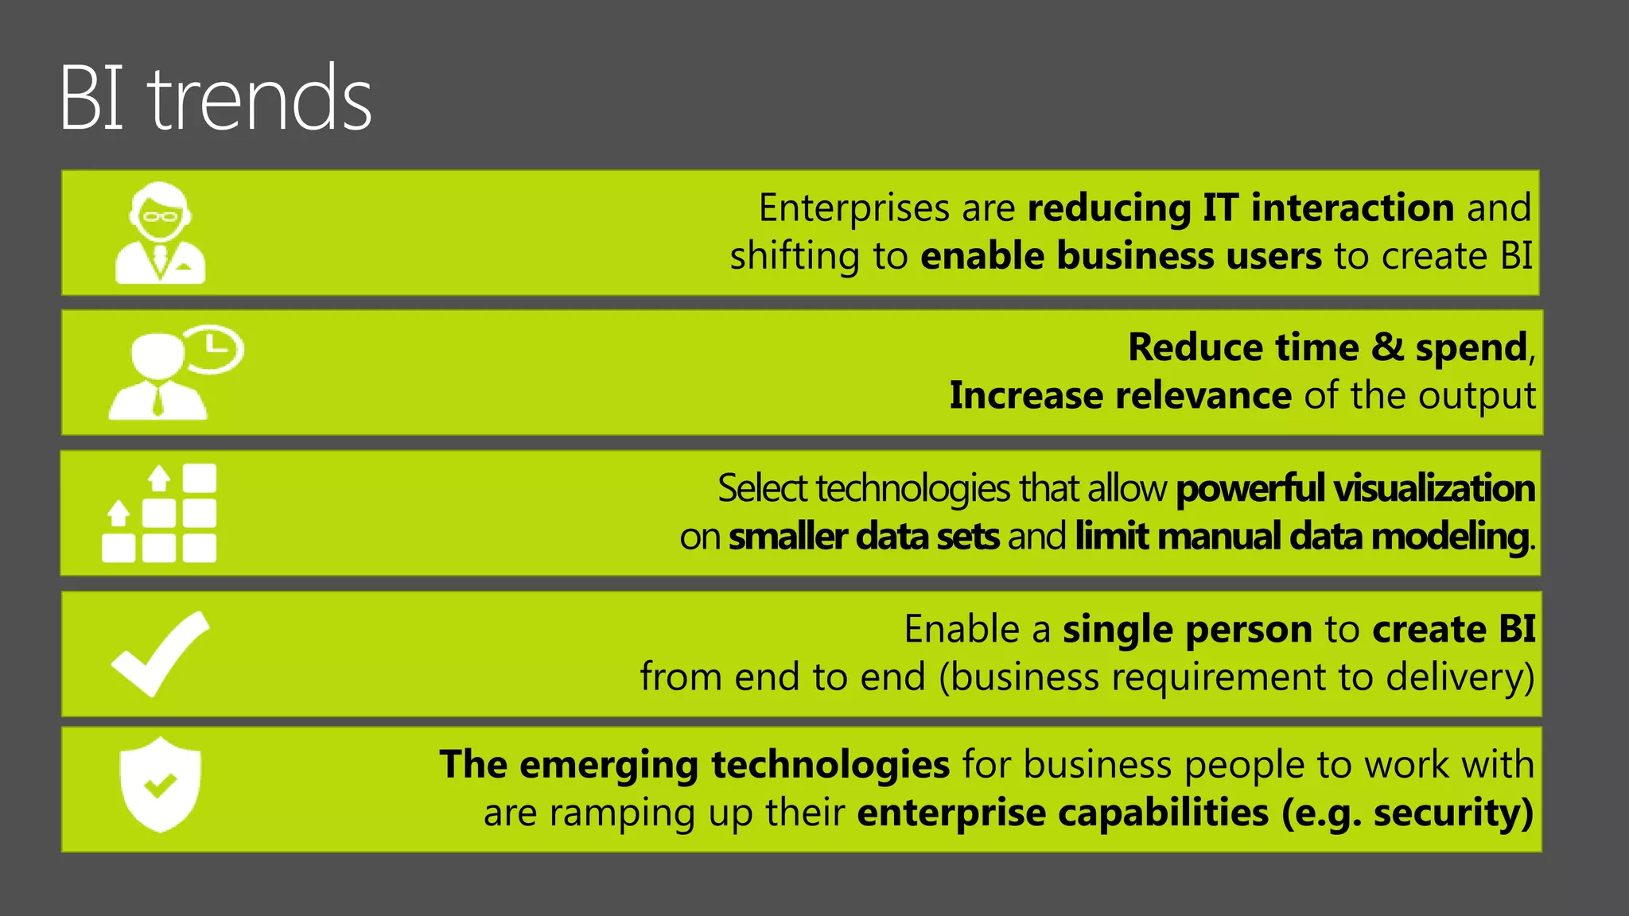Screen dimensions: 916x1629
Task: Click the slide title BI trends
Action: tap(216, 99)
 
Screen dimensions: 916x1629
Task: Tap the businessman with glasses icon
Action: tap(160, 232)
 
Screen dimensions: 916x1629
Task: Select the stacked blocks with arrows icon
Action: tap(160, 514)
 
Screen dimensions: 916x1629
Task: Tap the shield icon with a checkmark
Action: tap(160, 784)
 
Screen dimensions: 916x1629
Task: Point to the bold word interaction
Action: tap(1353, 208)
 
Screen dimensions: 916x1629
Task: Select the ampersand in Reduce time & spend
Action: tap(1387, 347)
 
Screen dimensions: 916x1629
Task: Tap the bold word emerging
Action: tap(608, 765)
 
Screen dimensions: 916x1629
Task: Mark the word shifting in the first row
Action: tap(795, 257)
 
